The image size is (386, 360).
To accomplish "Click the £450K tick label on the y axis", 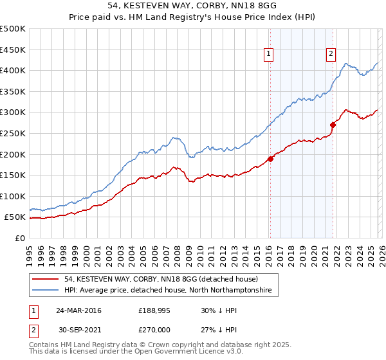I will (13, 50).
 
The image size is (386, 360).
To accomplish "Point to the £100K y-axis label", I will (13, 196).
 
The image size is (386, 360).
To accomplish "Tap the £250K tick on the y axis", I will (13, 133).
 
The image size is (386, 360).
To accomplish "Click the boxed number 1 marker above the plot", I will (268, 54).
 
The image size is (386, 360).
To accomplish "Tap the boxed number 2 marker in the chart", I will (331, 54).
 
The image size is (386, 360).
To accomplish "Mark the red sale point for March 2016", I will (270, 159).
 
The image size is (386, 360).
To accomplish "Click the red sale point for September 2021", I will (333, 125).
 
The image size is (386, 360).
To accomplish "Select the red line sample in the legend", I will (46, 279).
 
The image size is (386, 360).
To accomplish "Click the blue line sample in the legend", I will (46, 291).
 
